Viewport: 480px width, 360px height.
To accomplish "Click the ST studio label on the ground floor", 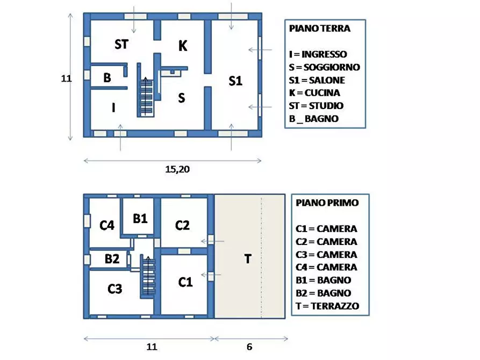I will [x=121, y=45].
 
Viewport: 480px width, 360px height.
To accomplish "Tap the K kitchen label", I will [x=183, y=46].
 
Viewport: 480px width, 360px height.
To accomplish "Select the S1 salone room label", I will [x=235, y=81].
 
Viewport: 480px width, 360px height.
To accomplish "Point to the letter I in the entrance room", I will [x=113, y=108].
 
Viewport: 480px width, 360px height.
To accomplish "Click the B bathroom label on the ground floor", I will [x=107, y=78].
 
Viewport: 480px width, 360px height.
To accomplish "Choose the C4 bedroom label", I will [x=107, y=225].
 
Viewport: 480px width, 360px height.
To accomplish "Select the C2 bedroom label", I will [x=183, y=225].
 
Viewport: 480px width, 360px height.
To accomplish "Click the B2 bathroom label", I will [x=112, y=259].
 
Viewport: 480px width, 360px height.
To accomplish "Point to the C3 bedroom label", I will [x=114, y=289].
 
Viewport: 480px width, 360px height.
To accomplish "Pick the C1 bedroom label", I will [x=185, y=282].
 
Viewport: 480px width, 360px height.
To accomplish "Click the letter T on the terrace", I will [x=248, y=259].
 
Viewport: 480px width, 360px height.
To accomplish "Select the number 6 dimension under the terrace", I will [x=249, y=347].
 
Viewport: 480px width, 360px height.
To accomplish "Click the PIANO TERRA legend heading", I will [x=319, y=28].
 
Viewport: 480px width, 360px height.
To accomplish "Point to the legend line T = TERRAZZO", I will [x=327, y=306].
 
